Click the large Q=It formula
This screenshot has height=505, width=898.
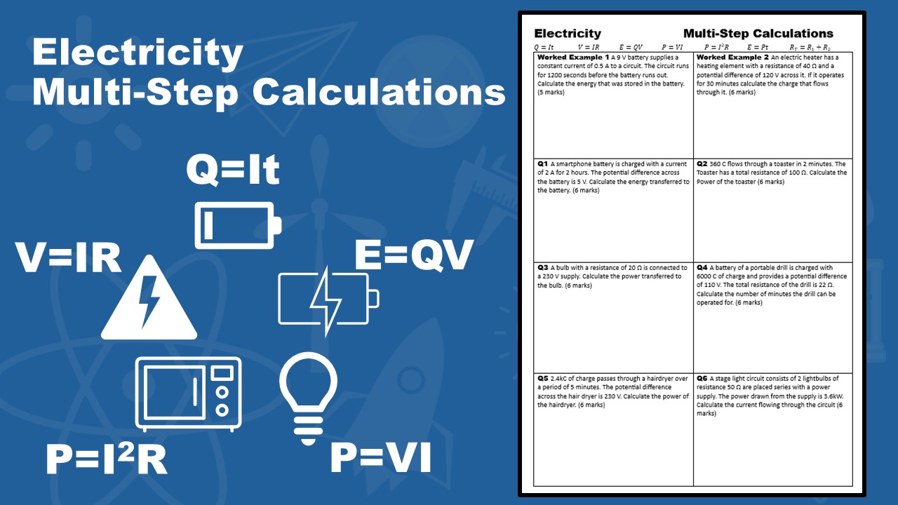coord(233,170)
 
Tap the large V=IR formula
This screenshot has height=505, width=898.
coord(69,257)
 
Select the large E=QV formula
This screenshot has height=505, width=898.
coord(415,255)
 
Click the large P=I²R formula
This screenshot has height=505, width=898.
coord(107,460)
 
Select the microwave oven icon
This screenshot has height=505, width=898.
coord(188,393)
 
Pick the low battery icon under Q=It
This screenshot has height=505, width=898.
coord(238,225)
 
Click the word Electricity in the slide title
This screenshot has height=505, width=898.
coord(138,53)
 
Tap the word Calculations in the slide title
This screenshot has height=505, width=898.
coord(379,92)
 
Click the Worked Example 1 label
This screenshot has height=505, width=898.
coord(572,58)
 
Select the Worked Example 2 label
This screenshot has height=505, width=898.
coord(732,58)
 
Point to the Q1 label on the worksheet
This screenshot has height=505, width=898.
coord(542,163)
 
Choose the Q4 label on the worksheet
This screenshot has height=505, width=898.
coord(702,267)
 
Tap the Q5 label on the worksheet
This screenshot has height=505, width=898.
coord(543,378)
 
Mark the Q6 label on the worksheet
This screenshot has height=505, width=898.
coord(702,378)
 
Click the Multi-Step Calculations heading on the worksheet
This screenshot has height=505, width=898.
coord(758,33)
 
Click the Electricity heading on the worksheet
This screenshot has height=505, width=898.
coord(568,33)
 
